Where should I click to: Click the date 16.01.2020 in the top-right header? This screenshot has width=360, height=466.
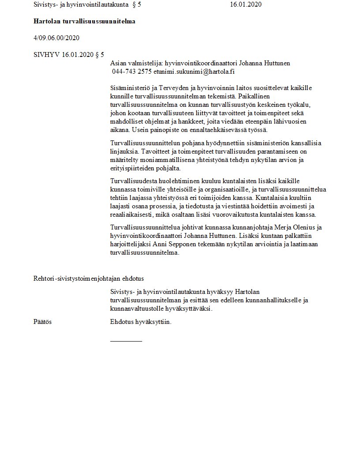coord(246,5)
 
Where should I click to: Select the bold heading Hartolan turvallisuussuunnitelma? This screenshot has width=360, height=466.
coord(84,21)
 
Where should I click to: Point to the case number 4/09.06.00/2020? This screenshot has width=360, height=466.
coord(56,38)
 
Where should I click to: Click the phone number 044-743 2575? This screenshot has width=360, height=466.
coord(132,71)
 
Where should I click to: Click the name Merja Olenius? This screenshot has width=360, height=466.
coord(296,227)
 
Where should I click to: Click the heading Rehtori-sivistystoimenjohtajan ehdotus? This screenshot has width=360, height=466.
coord(89,278)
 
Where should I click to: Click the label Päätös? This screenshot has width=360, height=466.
coord(42,322)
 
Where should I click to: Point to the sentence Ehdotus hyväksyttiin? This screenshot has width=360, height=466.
coord(141,322)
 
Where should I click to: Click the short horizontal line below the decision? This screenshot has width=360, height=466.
coord(126,341)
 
